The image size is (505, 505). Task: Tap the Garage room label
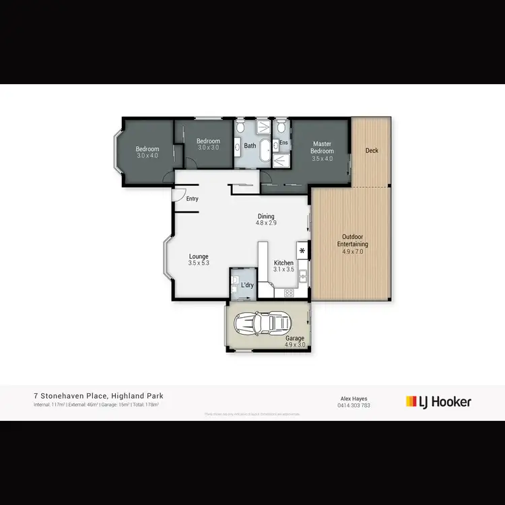point(295,341)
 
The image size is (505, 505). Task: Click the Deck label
point(372,151)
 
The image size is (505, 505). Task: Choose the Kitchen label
point(283,266)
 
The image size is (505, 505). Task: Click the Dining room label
point(266,219)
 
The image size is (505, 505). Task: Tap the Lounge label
point(199,259)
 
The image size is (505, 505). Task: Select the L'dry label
point(247,285)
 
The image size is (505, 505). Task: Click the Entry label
point(193,199)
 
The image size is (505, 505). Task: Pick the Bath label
point(250,145)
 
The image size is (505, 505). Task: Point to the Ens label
point(283,143)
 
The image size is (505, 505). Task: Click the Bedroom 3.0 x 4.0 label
point(147,152)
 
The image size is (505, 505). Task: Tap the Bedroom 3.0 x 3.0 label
point(208,144)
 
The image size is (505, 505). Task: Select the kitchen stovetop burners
point(288,293)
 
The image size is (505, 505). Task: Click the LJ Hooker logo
point(438,402)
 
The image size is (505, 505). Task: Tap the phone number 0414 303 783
point(354,405)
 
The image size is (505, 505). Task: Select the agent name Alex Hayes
point(354,398)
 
